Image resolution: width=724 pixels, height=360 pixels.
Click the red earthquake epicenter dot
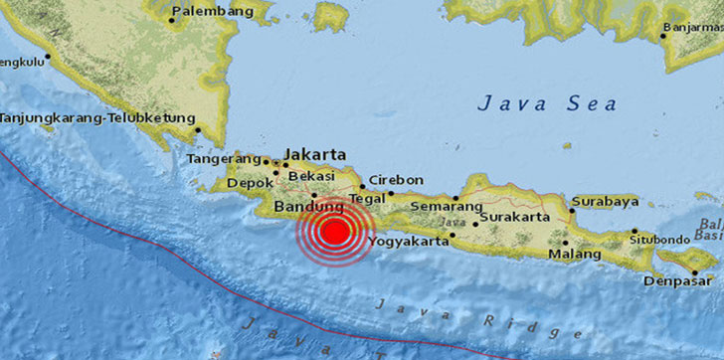(x=336, y=233)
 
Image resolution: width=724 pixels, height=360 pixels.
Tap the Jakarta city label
(x=315, y=155)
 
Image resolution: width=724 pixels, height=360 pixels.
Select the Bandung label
(x=299, y=207)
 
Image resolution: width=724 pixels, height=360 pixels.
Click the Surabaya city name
(x=604, y=201)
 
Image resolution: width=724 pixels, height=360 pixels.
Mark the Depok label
(x=244, y=183)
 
